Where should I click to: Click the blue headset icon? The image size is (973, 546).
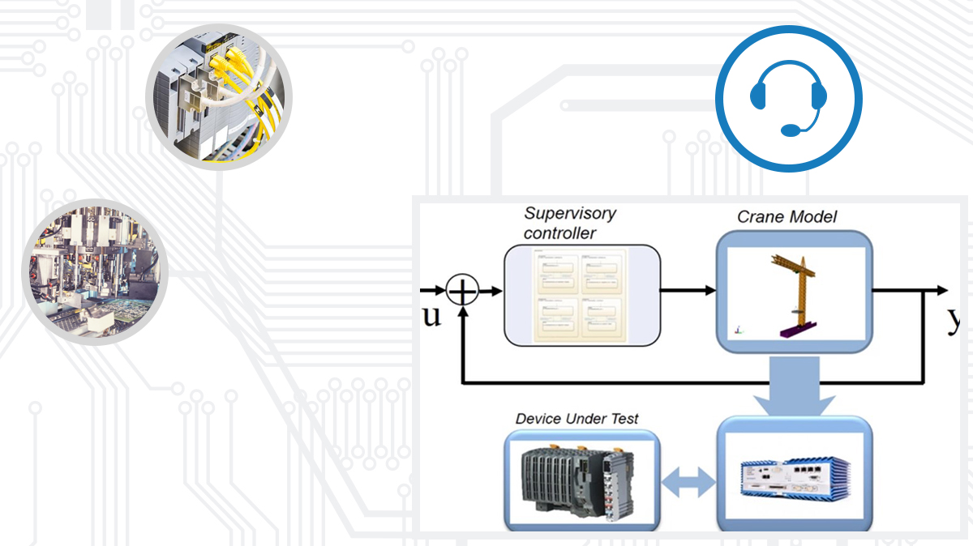click(788, 99)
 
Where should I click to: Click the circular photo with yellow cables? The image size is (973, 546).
click(219, 97)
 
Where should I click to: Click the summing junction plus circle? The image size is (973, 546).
click(463, 290)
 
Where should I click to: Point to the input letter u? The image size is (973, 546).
click(432, 316)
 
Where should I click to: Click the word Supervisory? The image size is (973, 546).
click(569, 214)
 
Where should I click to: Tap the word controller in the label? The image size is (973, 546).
click(559, 233)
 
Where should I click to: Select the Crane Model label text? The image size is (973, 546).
click(787, 217)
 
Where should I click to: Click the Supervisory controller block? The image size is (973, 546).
click(582, 295)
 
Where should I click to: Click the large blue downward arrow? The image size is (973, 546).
click(794, 387)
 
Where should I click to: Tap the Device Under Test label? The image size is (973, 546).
click(577, 419)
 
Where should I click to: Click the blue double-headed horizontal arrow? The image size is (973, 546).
click(688, 484)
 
